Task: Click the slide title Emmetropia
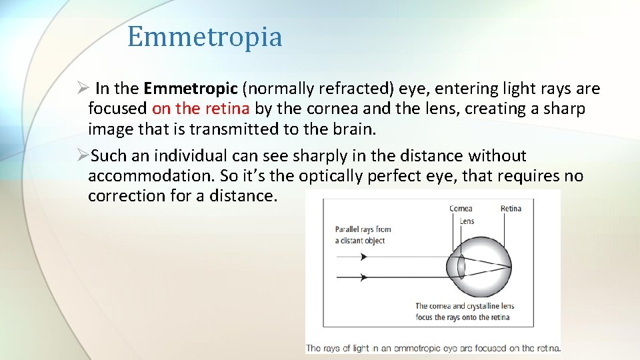pyautogui.click(x=205, y=37)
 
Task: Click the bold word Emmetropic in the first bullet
pyautogui.click(x=190, y=89)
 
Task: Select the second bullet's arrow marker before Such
pyautogui.click(x=83, y=156)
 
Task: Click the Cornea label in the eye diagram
pyautogui.click(x=461, y=209)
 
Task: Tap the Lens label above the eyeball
pyautogui.click(x=467, y=221)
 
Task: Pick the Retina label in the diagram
pyautogui.click(x=511, y=209)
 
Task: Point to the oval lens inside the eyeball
pyautogui.click(x=461, y=267)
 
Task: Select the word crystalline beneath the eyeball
pyautogui.click(x=481, y=307)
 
